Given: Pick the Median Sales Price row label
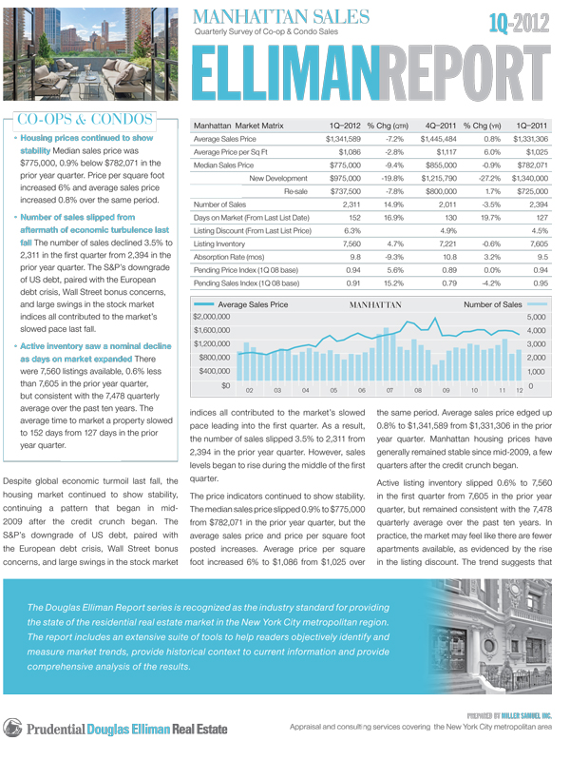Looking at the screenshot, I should pos(224,165).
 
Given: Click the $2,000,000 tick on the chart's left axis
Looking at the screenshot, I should pos(215,316).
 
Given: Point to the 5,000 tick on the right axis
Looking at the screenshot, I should pos(536,316).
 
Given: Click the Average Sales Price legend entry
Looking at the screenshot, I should pos(254,304).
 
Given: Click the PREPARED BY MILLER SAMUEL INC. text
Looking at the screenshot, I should pos(517,713).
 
